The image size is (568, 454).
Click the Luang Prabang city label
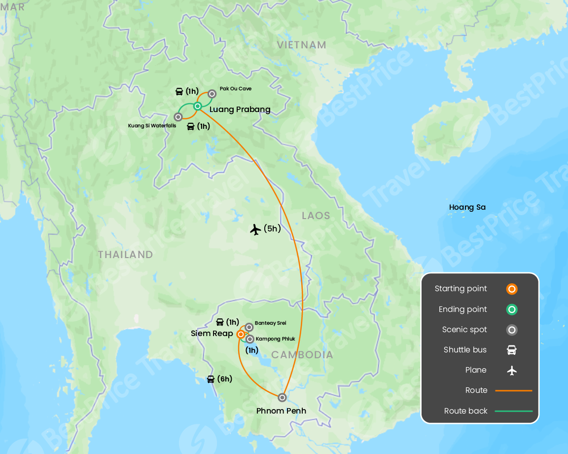240,110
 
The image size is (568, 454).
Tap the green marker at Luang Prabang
197,106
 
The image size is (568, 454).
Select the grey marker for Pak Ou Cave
212,93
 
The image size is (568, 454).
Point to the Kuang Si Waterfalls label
152,126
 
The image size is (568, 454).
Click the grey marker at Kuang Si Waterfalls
178,117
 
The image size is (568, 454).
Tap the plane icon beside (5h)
255,229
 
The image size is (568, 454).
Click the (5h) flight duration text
272,229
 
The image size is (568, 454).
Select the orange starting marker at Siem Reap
241,334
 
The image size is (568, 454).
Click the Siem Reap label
212,334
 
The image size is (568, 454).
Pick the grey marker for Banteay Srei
249,327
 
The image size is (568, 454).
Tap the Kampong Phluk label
275,339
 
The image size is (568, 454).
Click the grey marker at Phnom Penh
282,397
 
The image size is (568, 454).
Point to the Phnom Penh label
281,411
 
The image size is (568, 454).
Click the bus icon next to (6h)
211,379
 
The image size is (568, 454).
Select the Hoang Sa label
467,207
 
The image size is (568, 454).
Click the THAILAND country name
125,255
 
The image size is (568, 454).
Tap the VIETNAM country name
301,45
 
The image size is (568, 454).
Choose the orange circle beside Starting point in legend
512,289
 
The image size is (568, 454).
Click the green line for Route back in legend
513,411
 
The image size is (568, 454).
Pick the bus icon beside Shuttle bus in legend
512,350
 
